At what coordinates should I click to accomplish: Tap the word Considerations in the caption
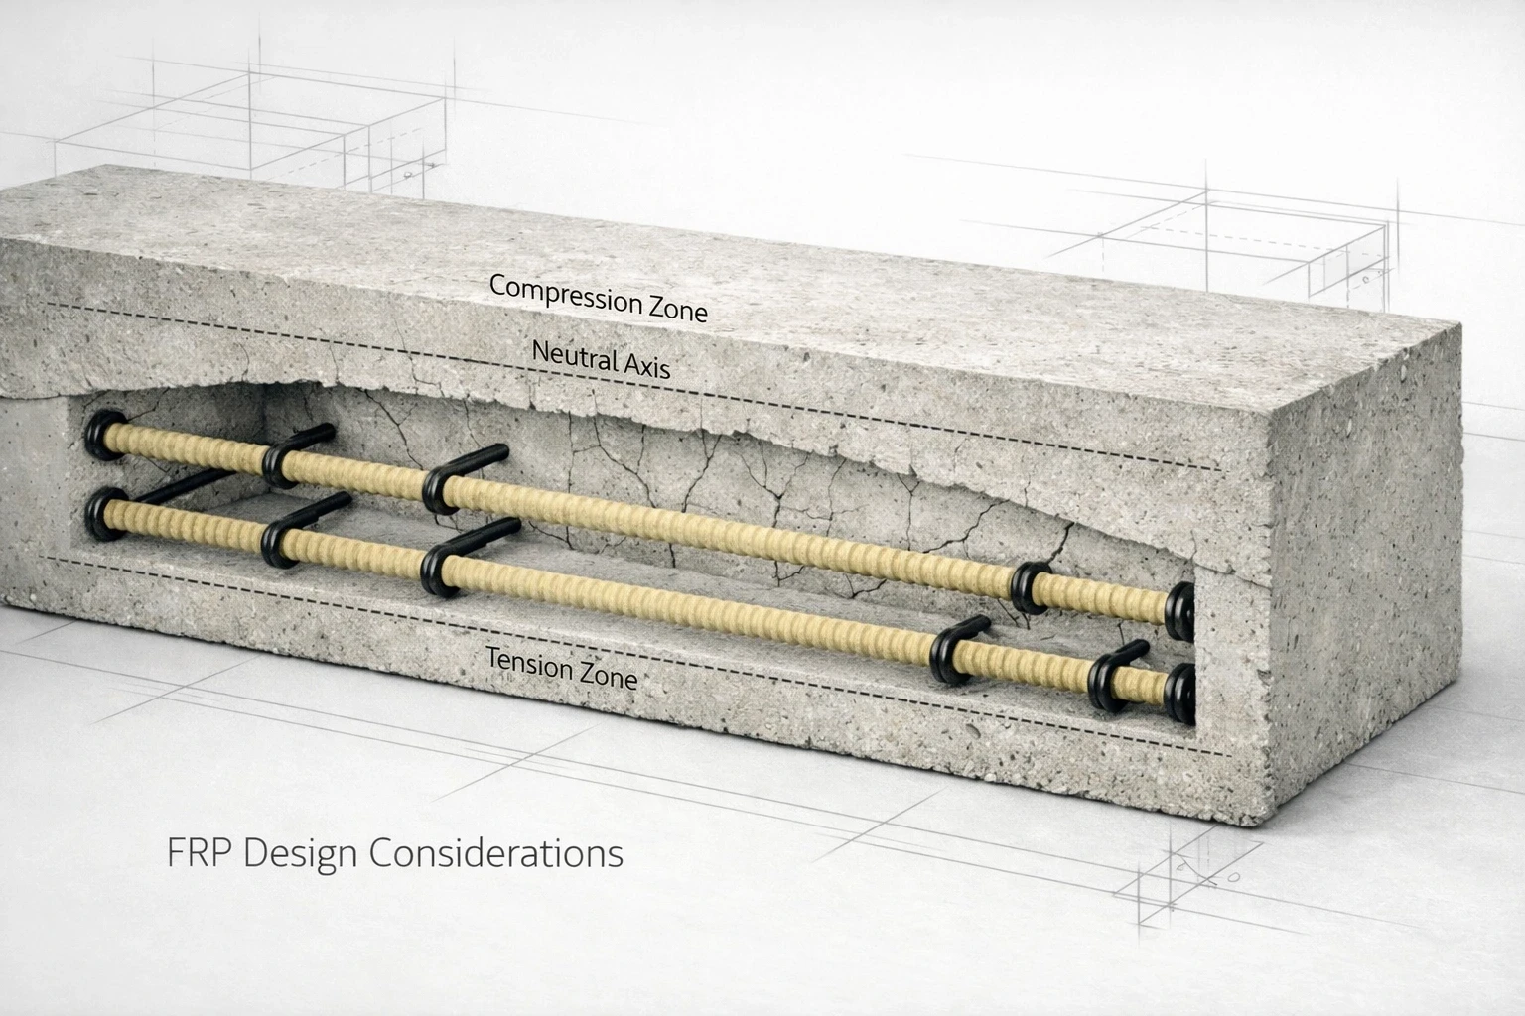tap(496, 853)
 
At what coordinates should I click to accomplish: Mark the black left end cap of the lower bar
tap(102, 513)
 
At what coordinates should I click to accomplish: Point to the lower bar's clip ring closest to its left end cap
tap(278, 543)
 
